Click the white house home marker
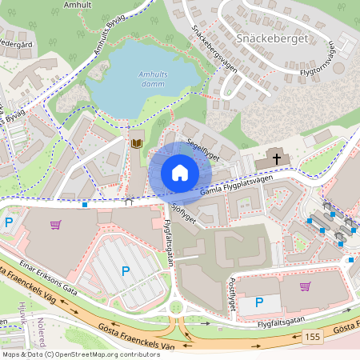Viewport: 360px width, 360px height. coord(180,173)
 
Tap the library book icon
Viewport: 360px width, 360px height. coord(137,142)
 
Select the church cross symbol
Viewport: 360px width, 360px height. coord(278,159)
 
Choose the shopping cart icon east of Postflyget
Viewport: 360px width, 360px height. coord(305,286)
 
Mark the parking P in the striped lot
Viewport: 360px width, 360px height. coord(126,271)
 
